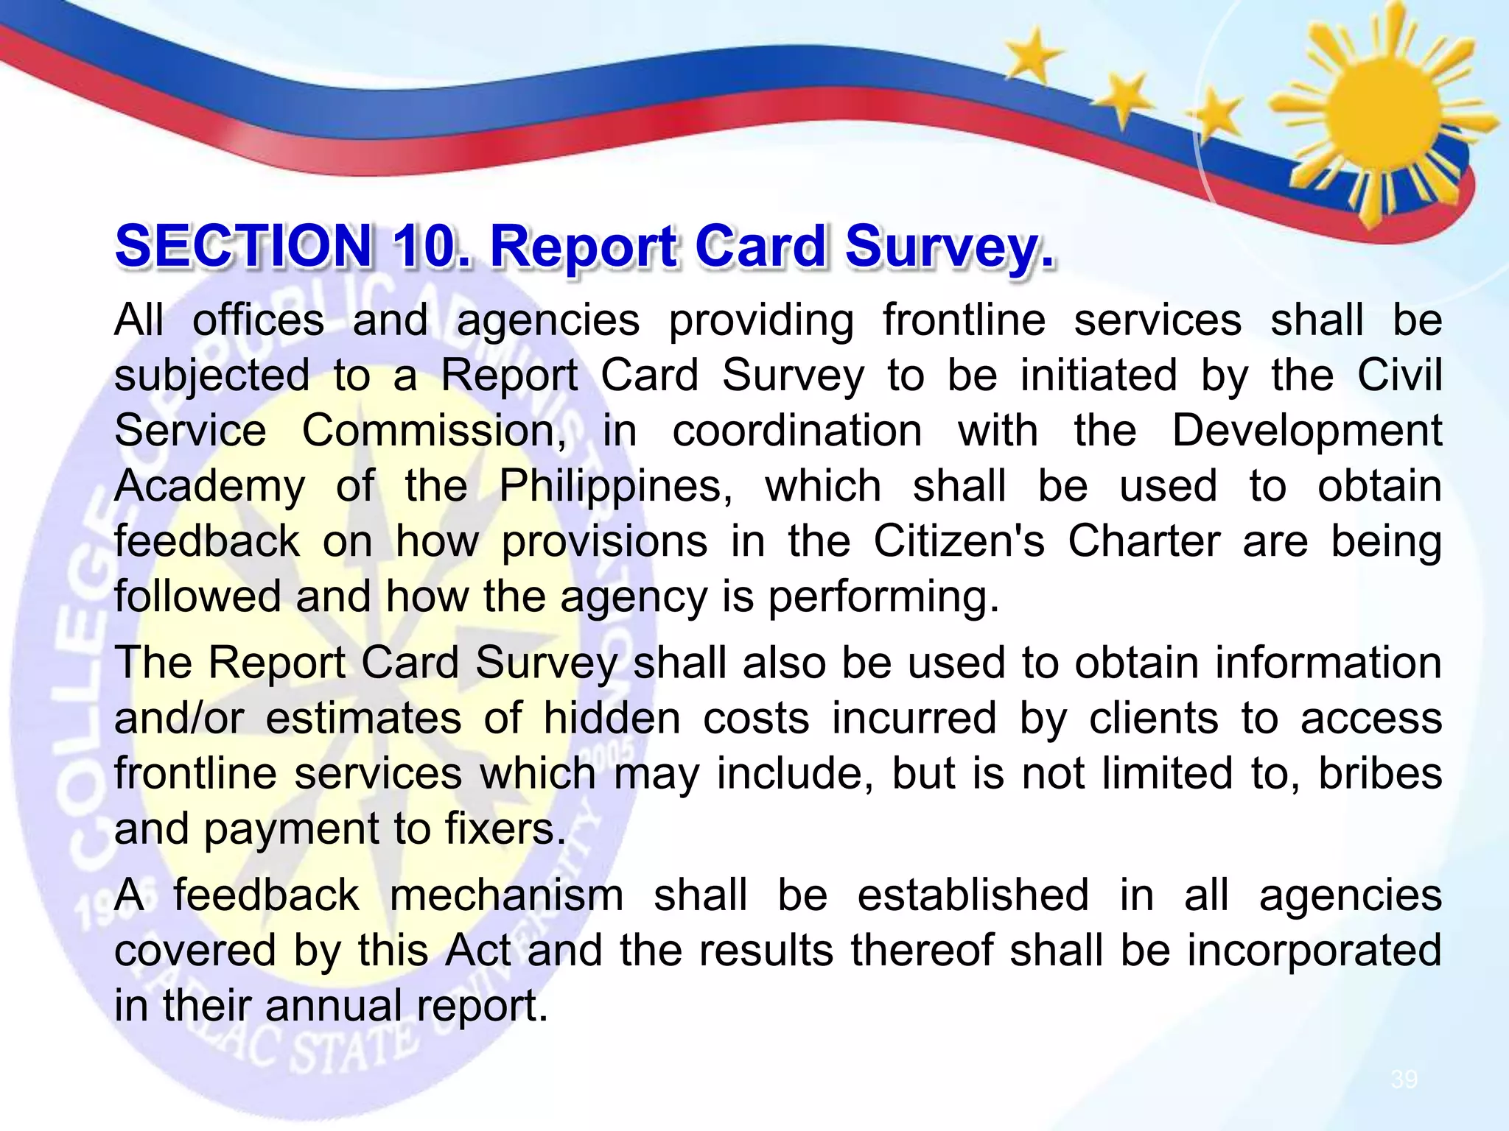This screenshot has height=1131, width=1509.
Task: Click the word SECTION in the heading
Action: (243, 247)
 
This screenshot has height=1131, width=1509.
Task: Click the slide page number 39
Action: (1404, 1079)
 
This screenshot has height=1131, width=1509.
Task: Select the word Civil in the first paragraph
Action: (1399, 376)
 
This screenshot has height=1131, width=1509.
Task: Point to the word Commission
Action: (433, 431)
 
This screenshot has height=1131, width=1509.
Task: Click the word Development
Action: (1306, 431)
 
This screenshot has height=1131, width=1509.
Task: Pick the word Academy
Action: (209, 487)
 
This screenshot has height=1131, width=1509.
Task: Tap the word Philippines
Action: (615, 487)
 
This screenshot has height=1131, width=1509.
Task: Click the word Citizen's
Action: (959, 542)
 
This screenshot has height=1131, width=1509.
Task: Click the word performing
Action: (883, 597)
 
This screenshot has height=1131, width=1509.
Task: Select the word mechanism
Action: (506, 896)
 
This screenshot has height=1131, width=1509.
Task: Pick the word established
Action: (973, 896)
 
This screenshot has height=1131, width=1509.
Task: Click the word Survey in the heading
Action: (950, 248)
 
